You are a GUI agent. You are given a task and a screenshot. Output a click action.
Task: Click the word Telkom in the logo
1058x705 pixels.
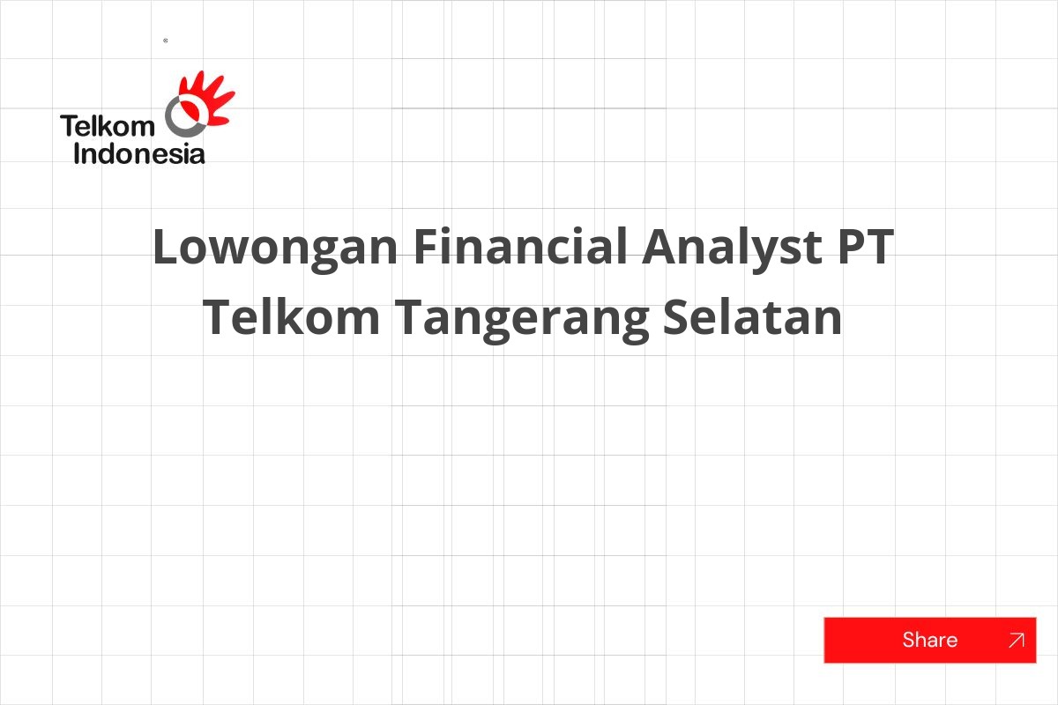[107, 127]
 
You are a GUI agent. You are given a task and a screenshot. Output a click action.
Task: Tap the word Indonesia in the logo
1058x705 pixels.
[139, 154]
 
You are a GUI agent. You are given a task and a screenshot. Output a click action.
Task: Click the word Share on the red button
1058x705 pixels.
[929, 640]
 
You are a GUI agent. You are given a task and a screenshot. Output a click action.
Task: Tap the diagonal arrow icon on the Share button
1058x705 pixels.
[1016, 641]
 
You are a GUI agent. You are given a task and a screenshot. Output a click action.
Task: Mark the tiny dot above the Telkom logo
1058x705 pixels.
[166, 41]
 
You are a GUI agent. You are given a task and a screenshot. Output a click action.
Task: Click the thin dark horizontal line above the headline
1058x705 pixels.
[529, 108]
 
